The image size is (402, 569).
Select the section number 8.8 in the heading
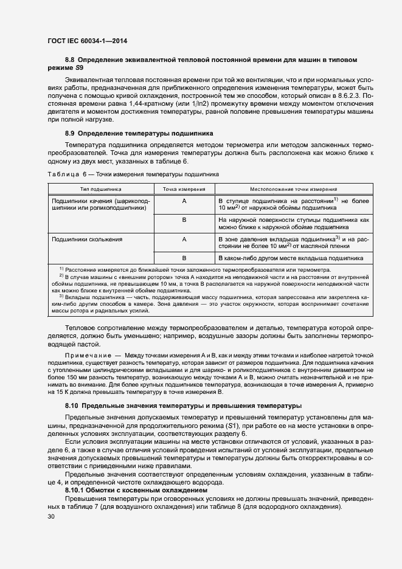[x=69, y=60]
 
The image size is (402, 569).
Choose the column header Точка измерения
[x=184, y=189]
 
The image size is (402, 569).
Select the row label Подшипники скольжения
[x=88, y=240]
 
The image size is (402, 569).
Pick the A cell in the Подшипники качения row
[x=184, y=200]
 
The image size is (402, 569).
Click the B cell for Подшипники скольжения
[x=184, y=258]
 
